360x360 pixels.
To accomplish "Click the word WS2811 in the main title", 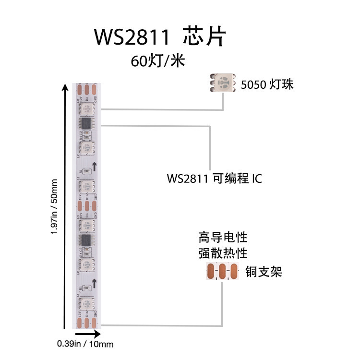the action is [132, 37].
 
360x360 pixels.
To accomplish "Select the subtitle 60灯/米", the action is [156, 61].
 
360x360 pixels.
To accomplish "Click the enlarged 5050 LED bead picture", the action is [223, 82].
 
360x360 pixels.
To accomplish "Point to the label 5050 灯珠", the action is [267, 85].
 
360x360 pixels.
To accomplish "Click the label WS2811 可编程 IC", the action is [214, 179].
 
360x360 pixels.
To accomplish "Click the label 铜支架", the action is [263, 272].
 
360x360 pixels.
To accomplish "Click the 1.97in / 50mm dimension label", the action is [54, 206].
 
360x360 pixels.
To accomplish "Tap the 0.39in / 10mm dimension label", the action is [85, 344].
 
